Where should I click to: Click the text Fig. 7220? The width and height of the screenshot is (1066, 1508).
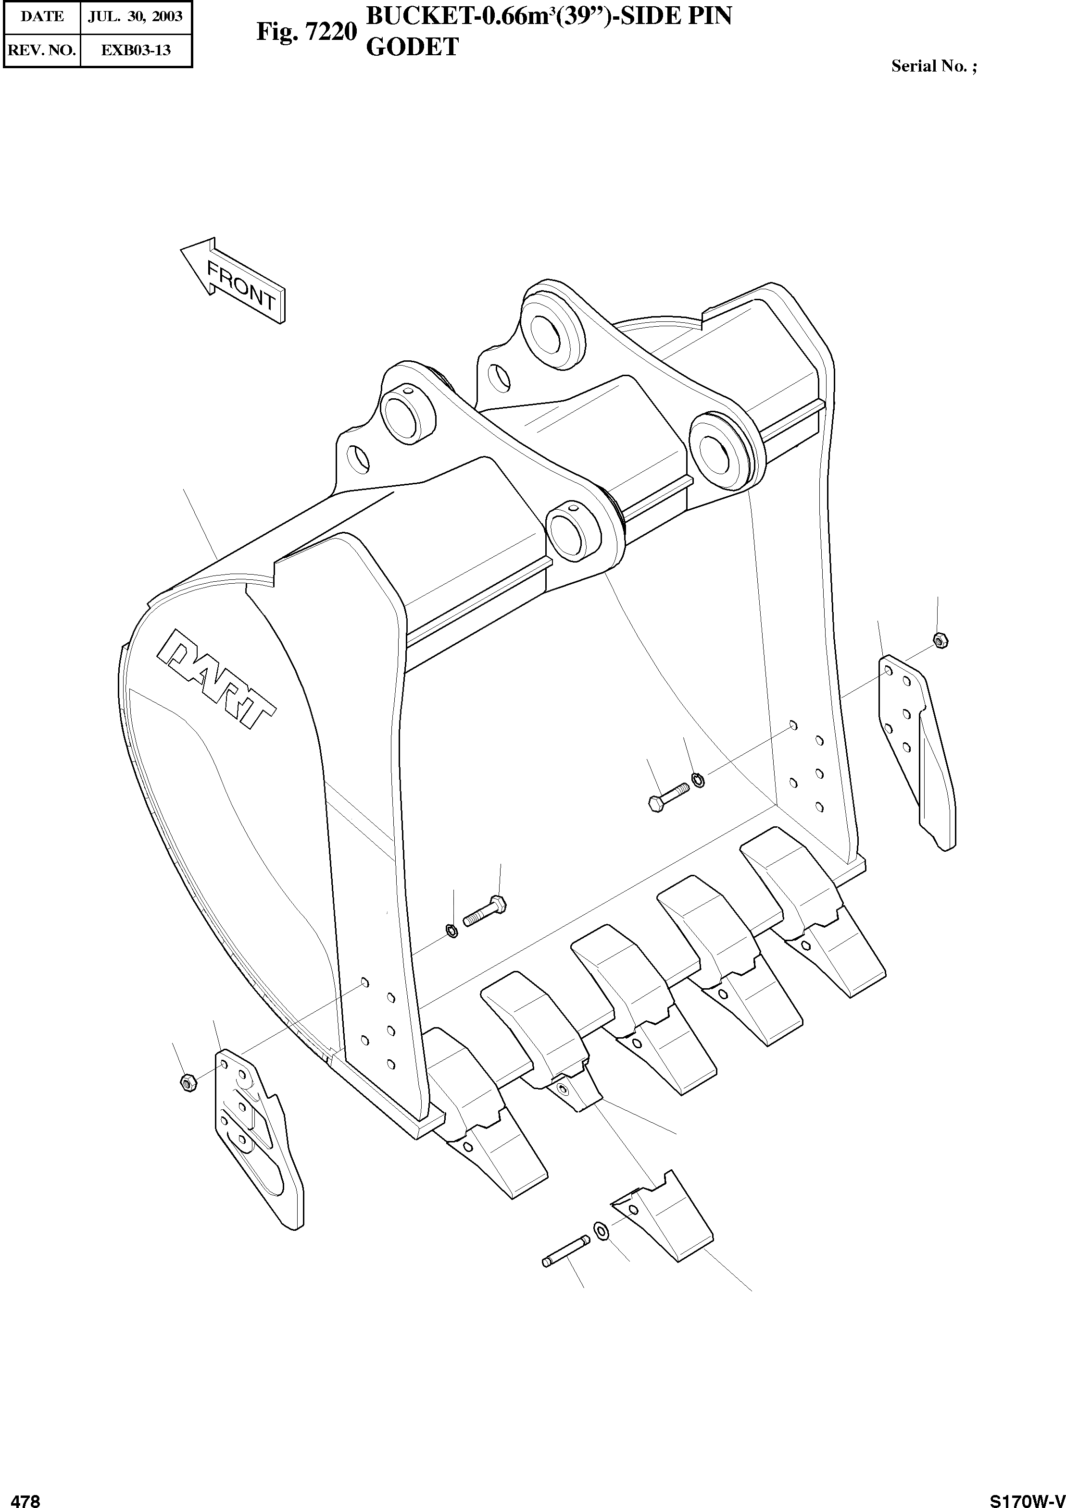[307, 31]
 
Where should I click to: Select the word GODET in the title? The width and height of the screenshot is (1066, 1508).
[412, 47]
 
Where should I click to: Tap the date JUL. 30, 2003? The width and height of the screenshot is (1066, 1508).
[136, 16]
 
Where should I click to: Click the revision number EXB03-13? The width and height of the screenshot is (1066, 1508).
[136, 50]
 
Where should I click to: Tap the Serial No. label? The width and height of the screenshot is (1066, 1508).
[933, 66]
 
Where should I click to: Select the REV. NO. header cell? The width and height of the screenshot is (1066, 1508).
[42, 50]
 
